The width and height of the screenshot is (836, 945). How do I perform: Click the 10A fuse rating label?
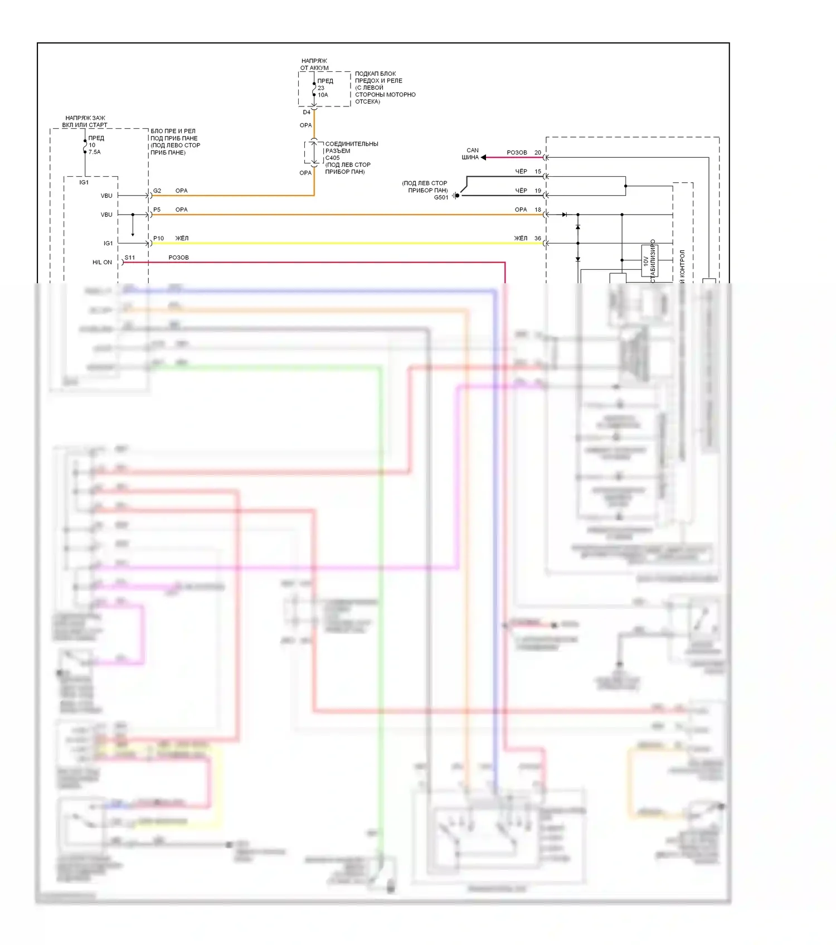[323, 95]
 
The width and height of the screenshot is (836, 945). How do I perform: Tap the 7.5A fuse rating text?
[95, 152]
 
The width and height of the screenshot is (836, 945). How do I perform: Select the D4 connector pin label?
[307, 112]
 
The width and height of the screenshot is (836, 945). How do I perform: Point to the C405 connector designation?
[332, 158]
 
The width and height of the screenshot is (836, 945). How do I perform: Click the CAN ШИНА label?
[471, 154]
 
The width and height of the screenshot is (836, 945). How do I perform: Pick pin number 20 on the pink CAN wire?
[538, 152]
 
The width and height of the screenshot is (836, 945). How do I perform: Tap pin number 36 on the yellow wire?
[538, 238]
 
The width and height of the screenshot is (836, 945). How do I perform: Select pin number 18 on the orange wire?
[538, 210]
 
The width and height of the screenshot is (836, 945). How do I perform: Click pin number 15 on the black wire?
[538, 171]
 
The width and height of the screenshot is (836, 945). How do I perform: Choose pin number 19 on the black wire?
[538, 191]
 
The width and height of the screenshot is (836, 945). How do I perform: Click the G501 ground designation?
[441, 197]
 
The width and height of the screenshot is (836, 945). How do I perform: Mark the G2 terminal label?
[157, 191]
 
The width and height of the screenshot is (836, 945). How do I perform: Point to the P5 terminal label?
[157, 210]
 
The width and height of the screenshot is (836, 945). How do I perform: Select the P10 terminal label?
[159, 238]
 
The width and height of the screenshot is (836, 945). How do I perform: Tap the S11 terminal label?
[130, 258]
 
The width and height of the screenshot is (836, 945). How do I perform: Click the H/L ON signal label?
[102, 262]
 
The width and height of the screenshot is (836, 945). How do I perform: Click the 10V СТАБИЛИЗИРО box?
[650, 260]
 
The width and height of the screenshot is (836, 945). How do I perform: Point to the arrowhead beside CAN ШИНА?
[484, 157]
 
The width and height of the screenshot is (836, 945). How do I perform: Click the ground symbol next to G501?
[456, 195]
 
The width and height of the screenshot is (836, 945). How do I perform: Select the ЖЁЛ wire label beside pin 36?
[521, 238]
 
